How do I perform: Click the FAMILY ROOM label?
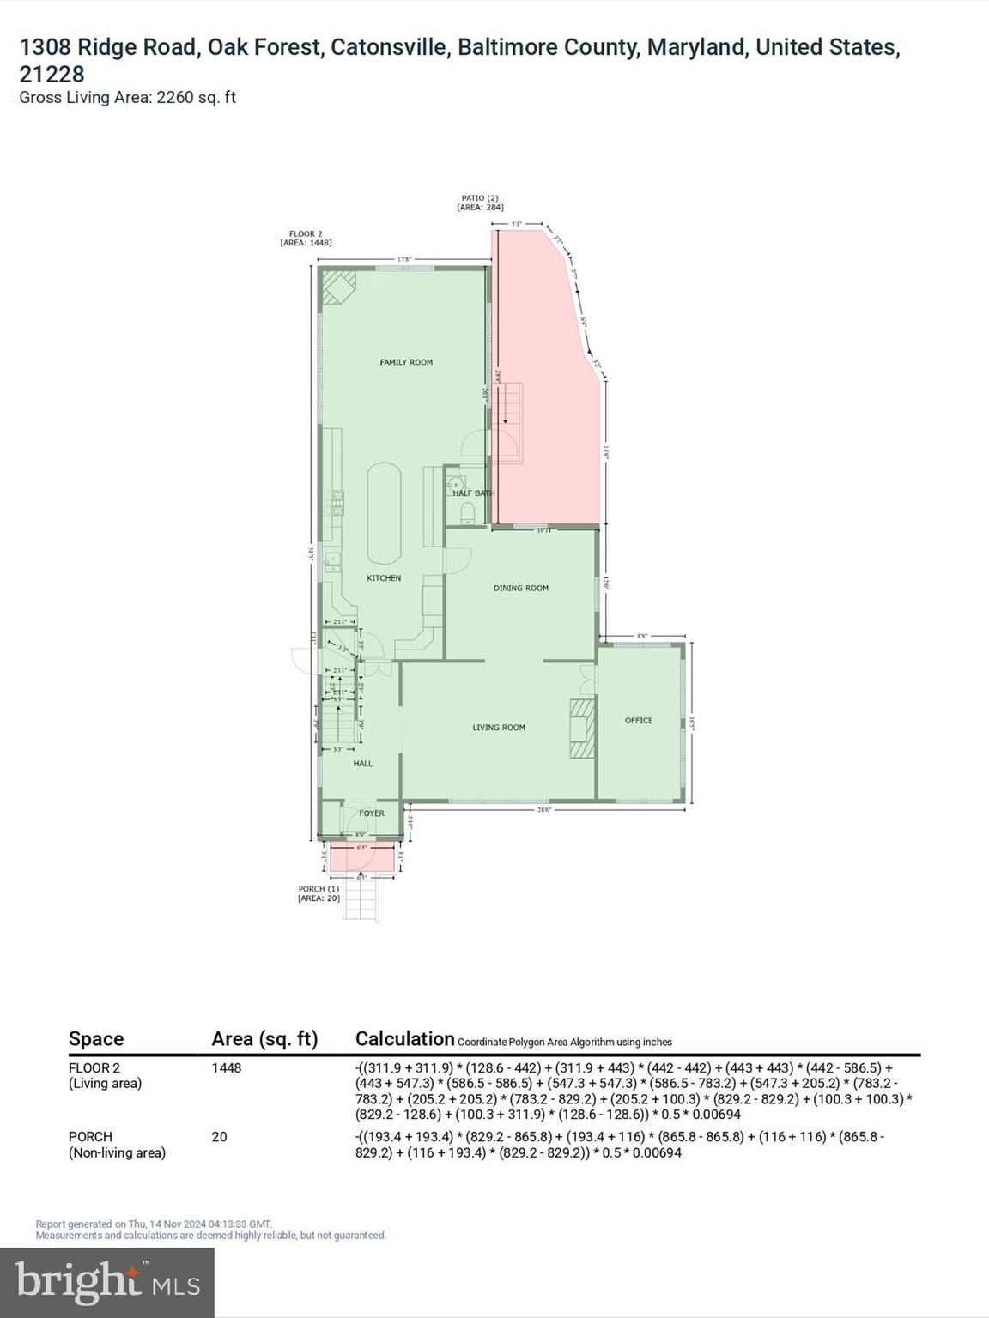(406, 362)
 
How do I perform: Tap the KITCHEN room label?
(384, 578)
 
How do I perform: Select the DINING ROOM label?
(520, 589)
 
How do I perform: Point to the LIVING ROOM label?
(499, 728)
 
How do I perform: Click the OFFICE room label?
(639, 721)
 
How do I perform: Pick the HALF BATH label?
(473, 493)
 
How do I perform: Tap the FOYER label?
(372, 813)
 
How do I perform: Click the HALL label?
(363, 764)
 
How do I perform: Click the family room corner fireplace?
(337, 287)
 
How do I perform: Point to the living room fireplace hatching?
(581, 729)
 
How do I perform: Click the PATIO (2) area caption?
(480, 203)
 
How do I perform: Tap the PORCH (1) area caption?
(319, 893)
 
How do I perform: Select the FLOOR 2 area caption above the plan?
(306, 238)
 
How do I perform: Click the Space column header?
(96, 1039)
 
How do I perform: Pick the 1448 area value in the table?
(227, 1068)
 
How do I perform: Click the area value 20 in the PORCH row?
(220, 1137)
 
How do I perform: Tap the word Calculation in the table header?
(404, 1039)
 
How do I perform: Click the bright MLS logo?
(107, 1282)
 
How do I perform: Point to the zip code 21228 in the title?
(52, 75)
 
